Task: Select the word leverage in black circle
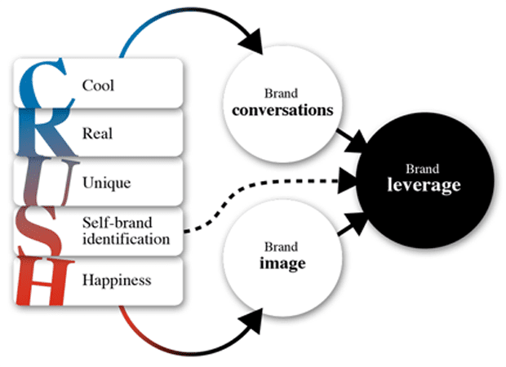pyautogui.click(x=424, y=186)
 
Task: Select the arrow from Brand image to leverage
pyautogui.click(x=348, y=228)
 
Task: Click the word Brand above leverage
pyautogui.click(x=424, y=170)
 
